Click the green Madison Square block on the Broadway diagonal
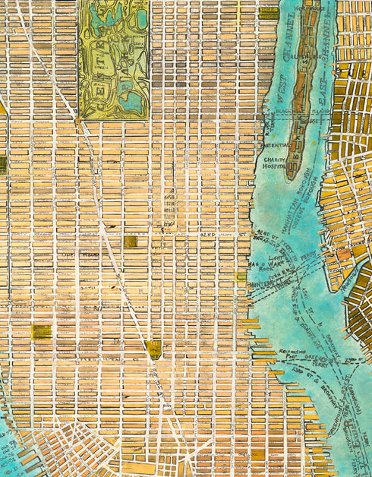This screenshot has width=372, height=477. pos(154,349)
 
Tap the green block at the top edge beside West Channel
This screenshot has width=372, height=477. pos(268,11)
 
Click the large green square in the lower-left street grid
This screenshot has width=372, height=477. pos(42,331)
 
